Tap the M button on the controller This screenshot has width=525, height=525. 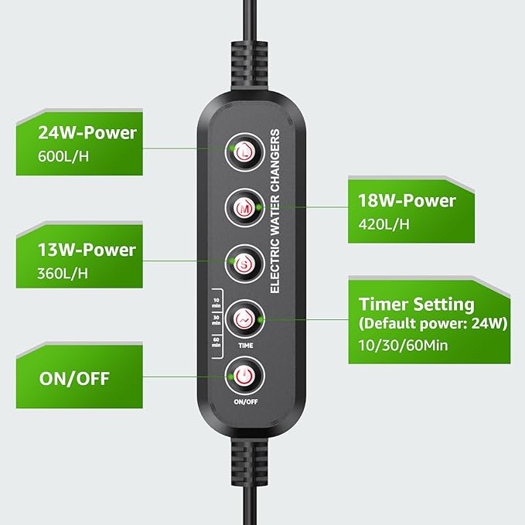(244, 208)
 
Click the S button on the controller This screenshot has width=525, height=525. (244, 264)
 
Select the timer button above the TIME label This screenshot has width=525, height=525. (244, 319)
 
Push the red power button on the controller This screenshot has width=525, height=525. (244, 376)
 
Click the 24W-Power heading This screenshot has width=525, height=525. (87, 133)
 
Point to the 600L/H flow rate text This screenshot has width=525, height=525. (63, 157)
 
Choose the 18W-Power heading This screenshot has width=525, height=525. (407, 201)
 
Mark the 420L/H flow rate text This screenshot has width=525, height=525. (384, 224)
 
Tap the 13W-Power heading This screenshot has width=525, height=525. (87, 250)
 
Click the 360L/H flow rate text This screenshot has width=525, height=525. (63, 274)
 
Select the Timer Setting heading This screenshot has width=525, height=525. (416, 305)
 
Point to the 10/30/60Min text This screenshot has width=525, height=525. (403, 345)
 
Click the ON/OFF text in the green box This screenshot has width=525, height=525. (74, 379)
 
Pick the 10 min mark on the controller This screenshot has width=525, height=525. (216, 302)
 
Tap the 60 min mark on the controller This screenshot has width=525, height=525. (216, 342)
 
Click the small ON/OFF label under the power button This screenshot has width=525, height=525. (246, 402)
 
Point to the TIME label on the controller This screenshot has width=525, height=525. (246, 346)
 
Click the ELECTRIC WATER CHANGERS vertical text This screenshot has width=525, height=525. (275, 211)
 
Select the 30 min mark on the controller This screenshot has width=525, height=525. (216, 320)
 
